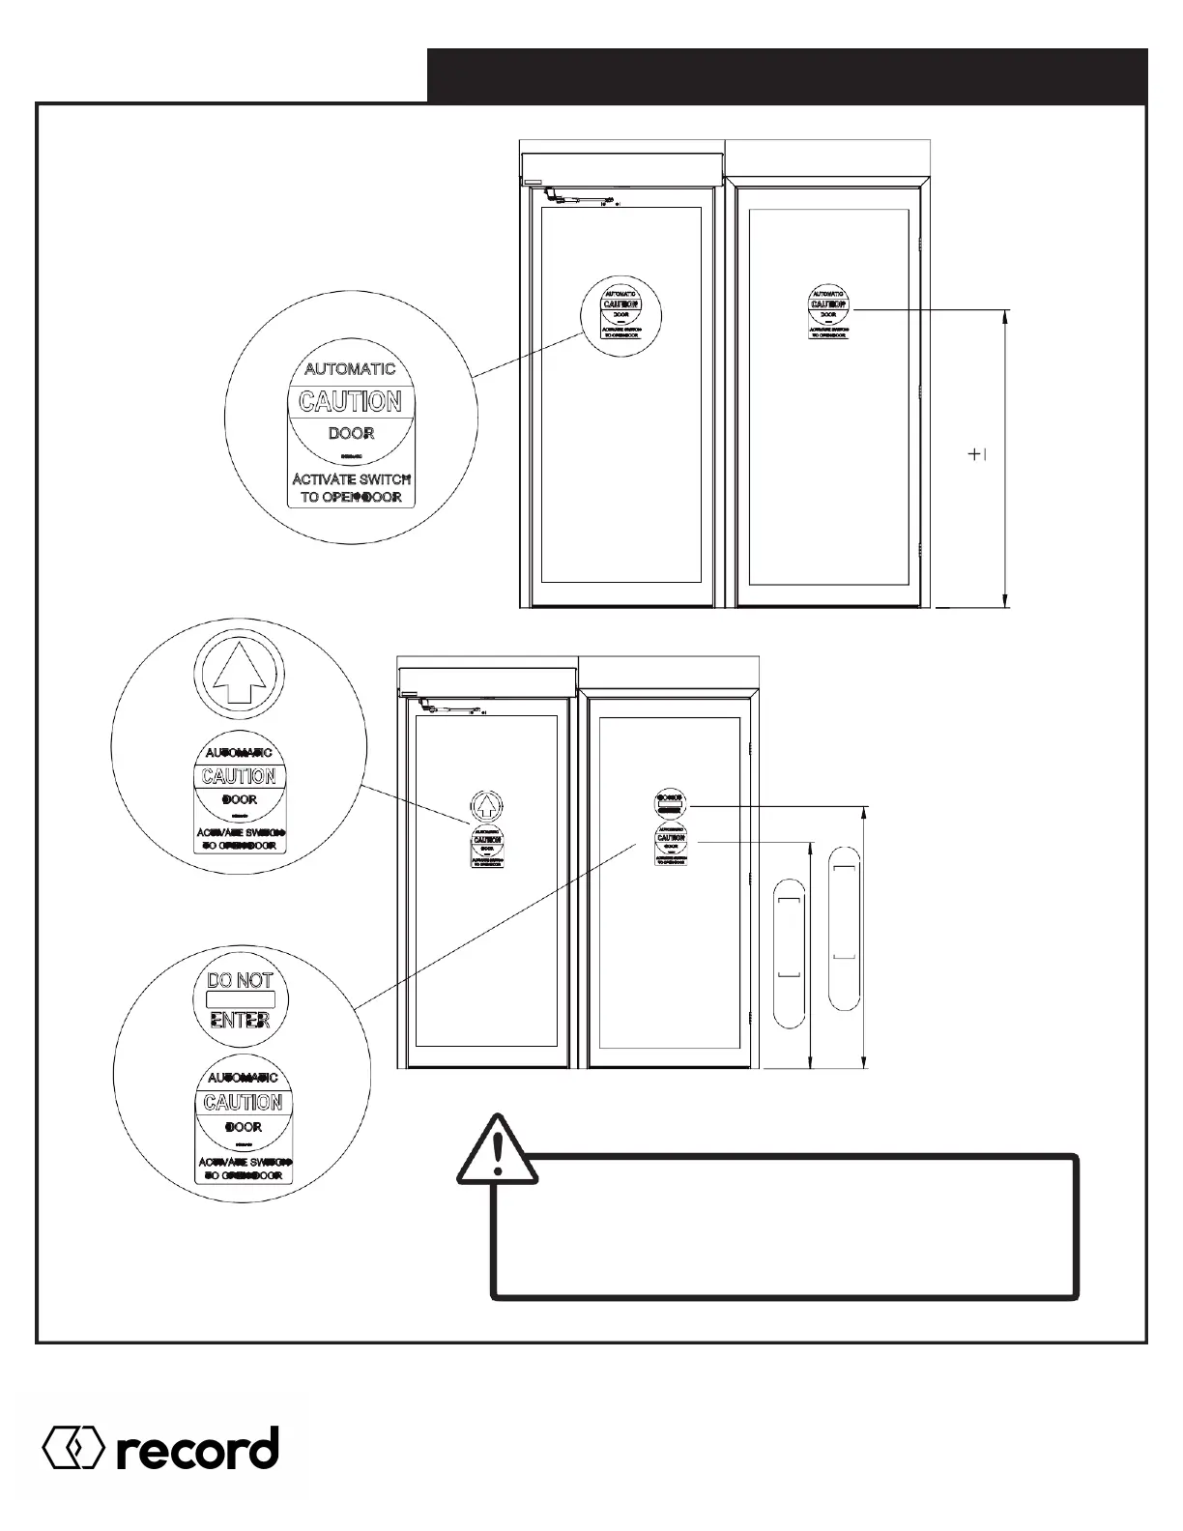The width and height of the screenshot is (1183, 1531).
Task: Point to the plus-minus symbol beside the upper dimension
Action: click(x=977, y=454)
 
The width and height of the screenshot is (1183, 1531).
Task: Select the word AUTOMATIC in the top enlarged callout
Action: click(x=350, y=369)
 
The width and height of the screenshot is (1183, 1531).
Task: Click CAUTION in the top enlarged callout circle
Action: click(x=350, y=401)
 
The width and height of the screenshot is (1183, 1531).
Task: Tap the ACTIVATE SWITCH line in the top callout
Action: click(x=352, y=479)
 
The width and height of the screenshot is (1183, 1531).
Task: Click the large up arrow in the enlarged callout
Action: click(x=239, y=674)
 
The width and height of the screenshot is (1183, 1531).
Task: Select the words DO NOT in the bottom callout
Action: click(x=241, y=980)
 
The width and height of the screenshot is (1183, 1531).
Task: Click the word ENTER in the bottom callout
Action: click(x=241, y=1021)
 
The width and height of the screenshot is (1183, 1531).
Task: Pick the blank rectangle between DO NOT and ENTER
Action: click(x=241, y=1000)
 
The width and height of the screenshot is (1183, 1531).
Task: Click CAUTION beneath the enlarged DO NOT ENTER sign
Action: click(x=243, y=1103)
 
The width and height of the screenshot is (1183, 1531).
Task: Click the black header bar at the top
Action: click(x=787, y=75)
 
